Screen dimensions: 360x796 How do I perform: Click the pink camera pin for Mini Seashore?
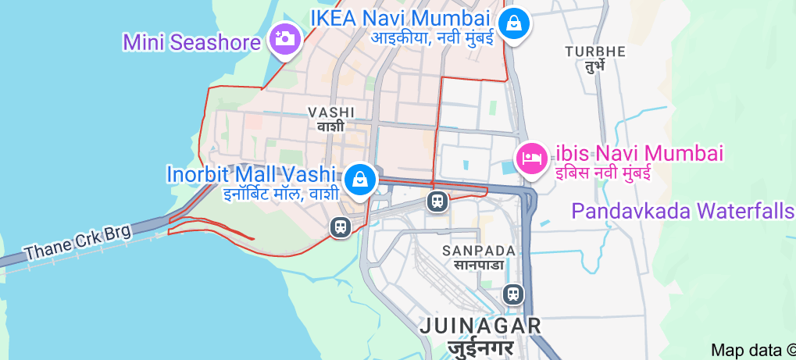pos(285,37)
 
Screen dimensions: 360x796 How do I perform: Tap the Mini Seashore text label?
pos(191,41)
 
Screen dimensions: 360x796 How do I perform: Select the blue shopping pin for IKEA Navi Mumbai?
pos(516,23)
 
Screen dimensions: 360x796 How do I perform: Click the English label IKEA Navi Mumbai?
pos(400,17)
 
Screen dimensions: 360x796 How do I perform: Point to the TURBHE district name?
pos(595,52)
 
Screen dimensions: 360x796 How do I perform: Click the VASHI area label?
pos(331,112)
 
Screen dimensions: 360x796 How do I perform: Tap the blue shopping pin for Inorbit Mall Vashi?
pos(360,178)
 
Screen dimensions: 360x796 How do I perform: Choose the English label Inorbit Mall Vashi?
pos(252,173)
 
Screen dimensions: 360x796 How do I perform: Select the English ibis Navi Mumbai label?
pos(639,153)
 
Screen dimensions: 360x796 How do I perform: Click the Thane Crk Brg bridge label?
pos(78,242)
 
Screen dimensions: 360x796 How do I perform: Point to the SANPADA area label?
pos(478,251)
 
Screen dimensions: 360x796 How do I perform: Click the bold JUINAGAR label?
pos(480,325)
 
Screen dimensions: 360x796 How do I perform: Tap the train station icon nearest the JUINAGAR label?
pos(513,294)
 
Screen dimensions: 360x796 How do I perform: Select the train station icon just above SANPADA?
pos(437,201)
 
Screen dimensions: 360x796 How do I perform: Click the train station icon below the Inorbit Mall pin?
pos(340,227)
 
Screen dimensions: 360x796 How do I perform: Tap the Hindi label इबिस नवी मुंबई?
pos(603,173)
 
